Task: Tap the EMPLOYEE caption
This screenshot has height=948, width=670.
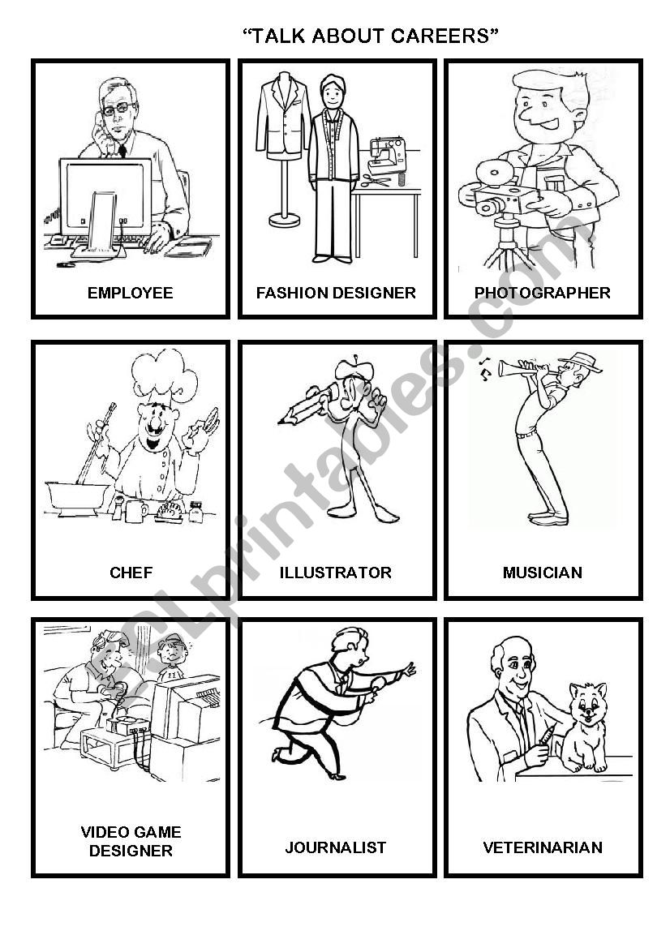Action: [x=130, y=293]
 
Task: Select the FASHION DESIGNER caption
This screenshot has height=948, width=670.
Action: [x=336, y=293]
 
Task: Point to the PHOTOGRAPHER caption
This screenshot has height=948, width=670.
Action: [x=543, y=293]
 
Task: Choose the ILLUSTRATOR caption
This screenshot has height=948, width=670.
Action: [x=336, y=573]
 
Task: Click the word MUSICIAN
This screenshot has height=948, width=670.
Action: [x=543, y=573]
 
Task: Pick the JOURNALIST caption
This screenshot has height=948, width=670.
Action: [x=336, y=847]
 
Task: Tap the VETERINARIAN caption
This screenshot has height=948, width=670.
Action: [x=543, y=847]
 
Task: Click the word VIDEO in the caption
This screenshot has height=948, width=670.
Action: [x=103, y=832]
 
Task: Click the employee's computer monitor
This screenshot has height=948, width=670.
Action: [x=105, y=195]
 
